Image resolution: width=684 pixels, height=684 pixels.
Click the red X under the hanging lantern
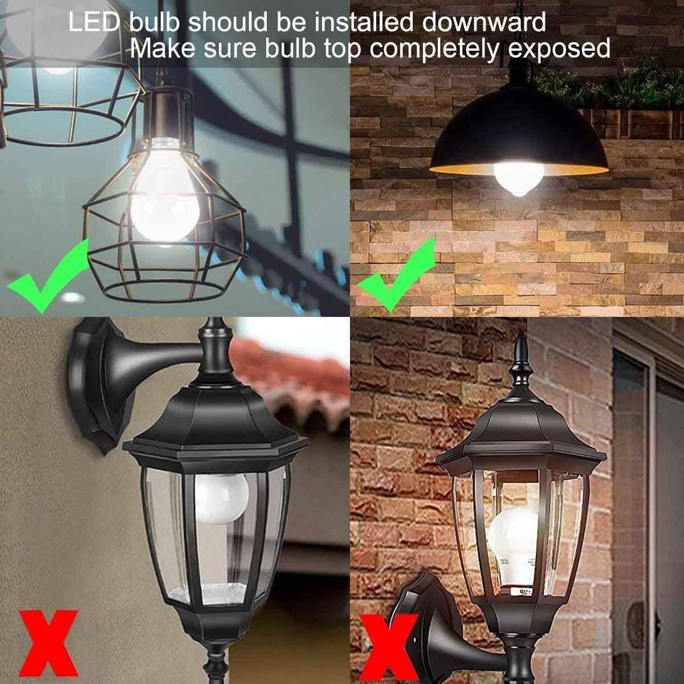48,641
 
